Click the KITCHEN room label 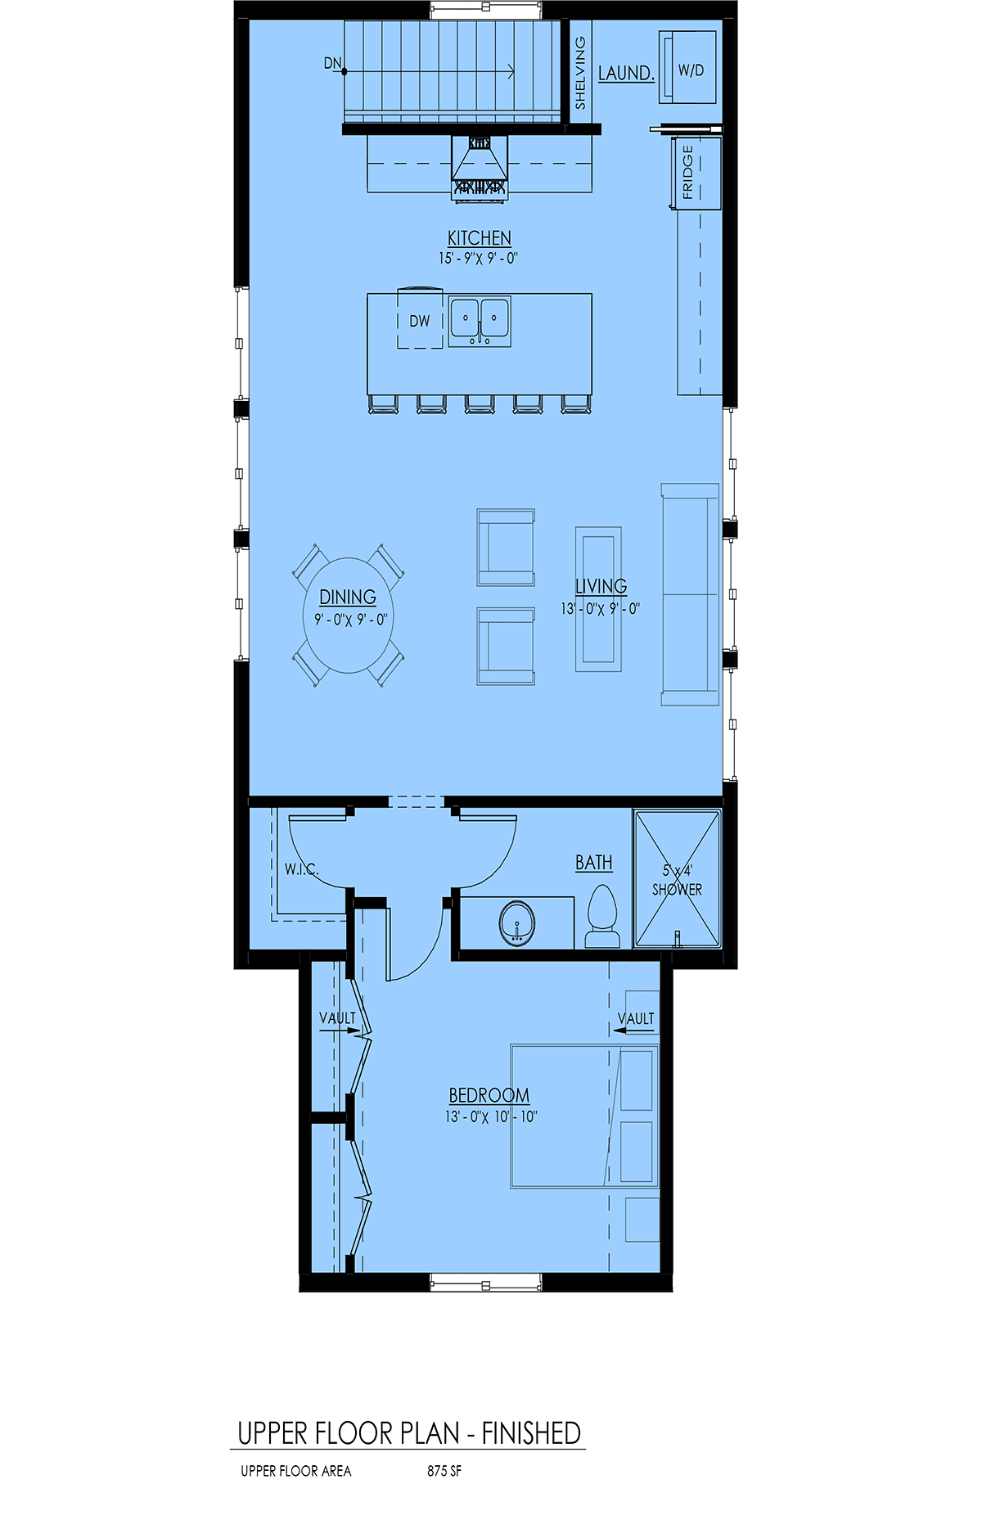[x=480, y=238]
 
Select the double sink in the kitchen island [x=480, y=321]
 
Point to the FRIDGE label [x=687, y=173]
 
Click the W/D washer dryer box [x=688, y=67]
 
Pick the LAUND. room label [x=626, y=73]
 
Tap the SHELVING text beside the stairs [x=580, y=73]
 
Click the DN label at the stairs [x=332, y=63]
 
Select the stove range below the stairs [x=480, y=167]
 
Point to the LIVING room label [x=601, y=586]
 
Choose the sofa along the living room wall [x=691, y=594]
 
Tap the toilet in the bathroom [x=603, y=917]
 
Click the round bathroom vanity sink [x=517, y=923]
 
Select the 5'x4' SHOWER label [x=677, y=880]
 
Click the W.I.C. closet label [x=301, y=869]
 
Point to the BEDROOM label [x=489, y=1095]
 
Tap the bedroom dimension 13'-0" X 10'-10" [x=491, y=1116]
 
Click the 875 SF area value [x=444, y=1471]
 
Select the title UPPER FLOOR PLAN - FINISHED [x=409, y=1433]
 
